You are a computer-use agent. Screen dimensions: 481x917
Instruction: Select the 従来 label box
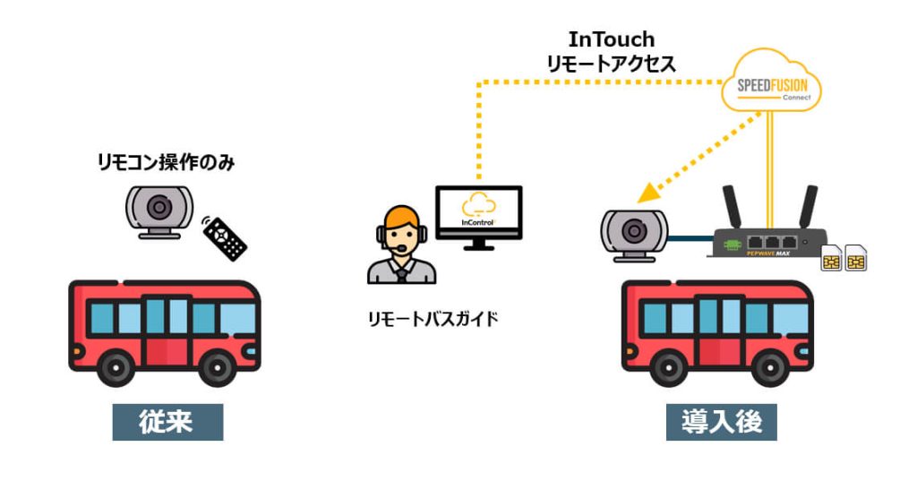(x=167, y=422)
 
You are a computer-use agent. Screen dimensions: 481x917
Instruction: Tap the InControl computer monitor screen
(x=478, y=211)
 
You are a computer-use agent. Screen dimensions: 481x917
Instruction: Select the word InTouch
(x=612, y=40)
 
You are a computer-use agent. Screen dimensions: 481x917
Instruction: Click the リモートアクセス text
(x=612, y=64)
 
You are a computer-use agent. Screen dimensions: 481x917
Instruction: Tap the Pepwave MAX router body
(x=766, y=243)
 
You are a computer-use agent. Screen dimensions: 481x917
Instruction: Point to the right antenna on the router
(x=808, y=208)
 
